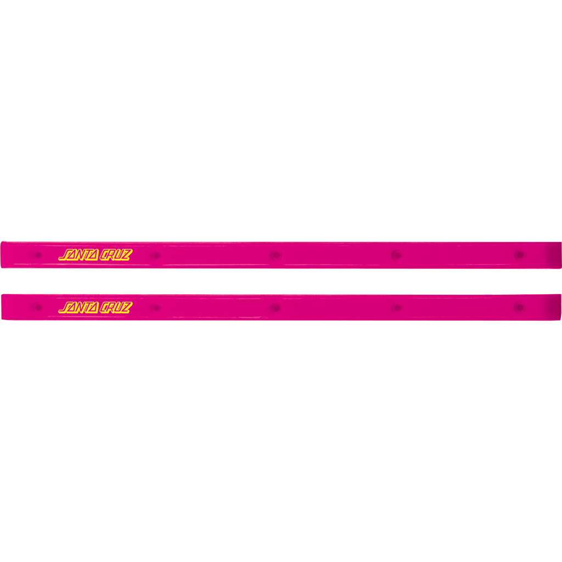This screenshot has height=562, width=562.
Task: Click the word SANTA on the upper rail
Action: tap(78, 255)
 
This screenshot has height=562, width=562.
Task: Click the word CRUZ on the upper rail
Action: tap(116, 255)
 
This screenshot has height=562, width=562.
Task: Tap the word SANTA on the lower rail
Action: tap(78, 307)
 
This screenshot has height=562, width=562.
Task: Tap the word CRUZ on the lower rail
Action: tap(116, 307)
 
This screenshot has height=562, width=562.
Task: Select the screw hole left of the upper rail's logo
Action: tap(38, 255)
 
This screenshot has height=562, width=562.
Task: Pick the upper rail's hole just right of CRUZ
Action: tap(156, 256)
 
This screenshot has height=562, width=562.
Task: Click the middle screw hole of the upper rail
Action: tap(276, 256)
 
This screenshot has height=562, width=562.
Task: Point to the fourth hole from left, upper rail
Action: tap(397, 255)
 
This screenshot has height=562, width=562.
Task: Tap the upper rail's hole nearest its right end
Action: tap(520, 255)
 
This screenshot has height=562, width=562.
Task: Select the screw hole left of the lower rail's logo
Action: tap(38, 307)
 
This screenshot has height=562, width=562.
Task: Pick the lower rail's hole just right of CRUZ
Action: tap(156, 308)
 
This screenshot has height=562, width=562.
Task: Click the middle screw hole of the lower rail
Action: tap(276, 308)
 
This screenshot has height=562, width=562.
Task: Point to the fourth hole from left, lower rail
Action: tap(397, 308)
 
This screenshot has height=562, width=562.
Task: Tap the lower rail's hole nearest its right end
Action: tap(520, 307)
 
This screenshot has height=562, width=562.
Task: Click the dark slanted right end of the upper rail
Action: tap(555, 255)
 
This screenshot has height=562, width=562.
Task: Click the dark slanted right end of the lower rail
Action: tap(555, 307)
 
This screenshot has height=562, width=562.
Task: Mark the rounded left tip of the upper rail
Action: tap(2, 255)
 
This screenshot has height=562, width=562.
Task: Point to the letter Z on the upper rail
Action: tap(127, 255)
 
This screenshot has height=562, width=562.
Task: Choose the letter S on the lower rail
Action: tap(65, 307)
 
